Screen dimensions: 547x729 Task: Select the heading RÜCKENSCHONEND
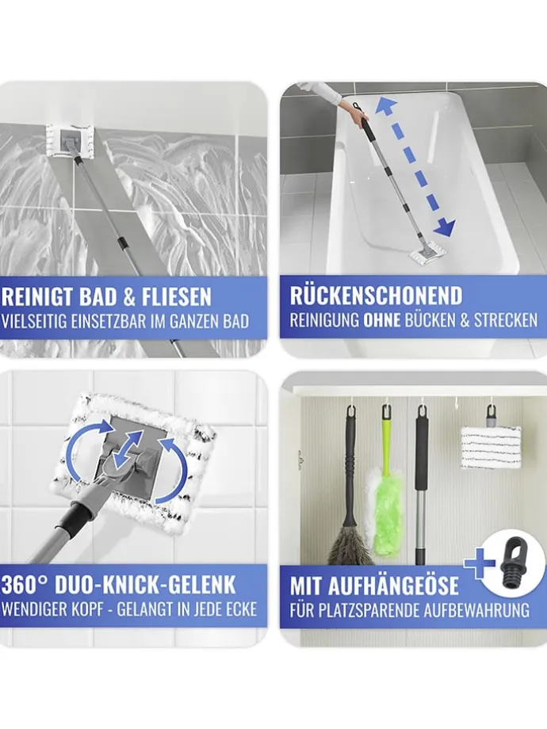376,296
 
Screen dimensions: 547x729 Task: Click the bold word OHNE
381,320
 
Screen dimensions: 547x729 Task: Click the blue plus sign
479,563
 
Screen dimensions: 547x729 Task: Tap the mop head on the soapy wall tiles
69,141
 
